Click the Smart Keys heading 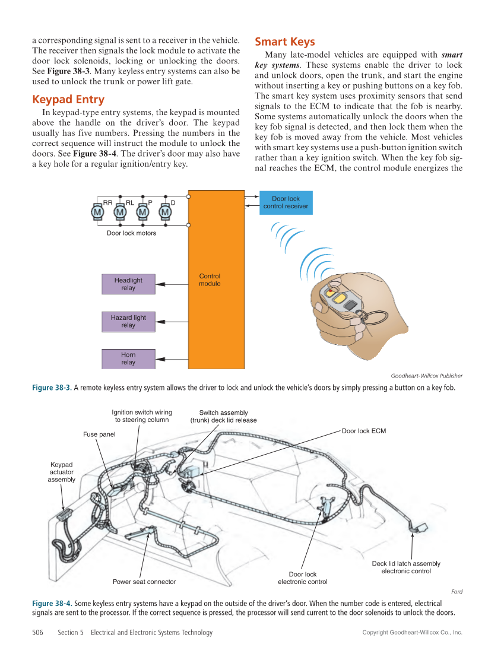(x=284, y=42)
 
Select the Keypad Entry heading (x=68, y=99)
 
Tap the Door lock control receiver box (x=286, y=202)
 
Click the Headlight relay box (x=128, y=284)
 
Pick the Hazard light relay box (x=128, y=321)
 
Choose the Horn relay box (x=128, y=358)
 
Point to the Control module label (x=210, y=280)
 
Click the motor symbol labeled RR (x=97, y=212)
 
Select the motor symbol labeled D (x=164, y=212)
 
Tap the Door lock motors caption (x=131, y=233)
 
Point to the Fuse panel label (x=99, y=434)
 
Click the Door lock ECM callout (x=364, y=431)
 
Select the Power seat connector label (x=144, y=582)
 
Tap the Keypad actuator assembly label (x=62, y=472)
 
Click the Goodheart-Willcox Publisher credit (x=426, y=376)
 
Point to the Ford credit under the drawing (x=457, y=592)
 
